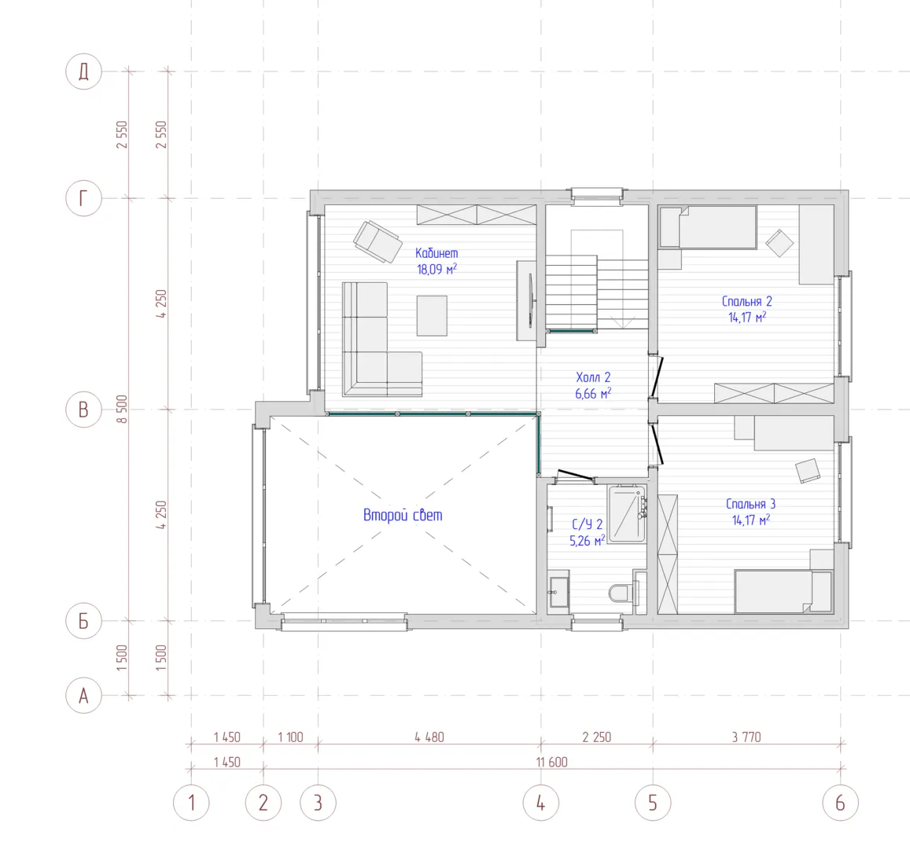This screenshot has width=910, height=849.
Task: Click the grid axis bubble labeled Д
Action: [83, 72]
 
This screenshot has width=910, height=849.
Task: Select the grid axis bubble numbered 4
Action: [541, 803]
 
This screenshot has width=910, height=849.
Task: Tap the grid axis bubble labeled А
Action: [83, 695]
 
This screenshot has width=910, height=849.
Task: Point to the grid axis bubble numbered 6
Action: [840, 803]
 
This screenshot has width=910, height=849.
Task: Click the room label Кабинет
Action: [437, 253]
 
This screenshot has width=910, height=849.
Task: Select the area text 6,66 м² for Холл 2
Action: [593, 393]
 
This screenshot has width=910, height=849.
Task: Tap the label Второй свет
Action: [403, 515]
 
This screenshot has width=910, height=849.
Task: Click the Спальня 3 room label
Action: [750, 504]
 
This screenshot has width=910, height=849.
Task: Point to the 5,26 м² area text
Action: [588, 541]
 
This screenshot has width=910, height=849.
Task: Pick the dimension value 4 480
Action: [429, 737]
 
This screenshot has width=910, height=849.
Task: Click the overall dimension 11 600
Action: [552, 762]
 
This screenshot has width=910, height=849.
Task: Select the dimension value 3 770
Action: [746, 737]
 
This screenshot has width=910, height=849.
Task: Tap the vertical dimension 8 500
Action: [122, 409]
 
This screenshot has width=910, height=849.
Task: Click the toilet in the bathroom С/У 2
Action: [621, 593]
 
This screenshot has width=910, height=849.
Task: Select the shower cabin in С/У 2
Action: [628, 513]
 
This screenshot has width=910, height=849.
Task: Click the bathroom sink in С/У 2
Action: [559, 592]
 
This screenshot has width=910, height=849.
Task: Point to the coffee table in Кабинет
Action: [432, 315]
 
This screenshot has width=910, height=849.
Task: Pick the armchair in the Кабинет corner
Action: [378, 241]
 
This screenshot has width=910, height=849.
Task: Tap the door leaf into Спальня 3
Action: [657, 446]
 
